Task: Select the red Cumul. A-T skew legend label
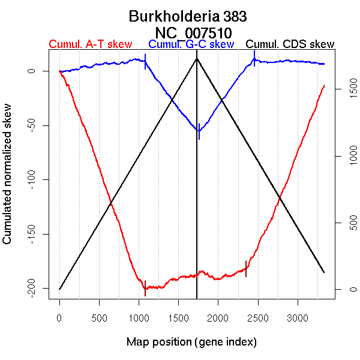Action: coord(90,44)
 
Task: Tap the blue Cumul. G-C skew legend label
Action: coord(191,44)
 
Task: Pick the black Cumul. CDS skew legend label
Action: coord(290,44)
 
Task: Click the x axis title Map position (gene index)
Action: coord(191,342)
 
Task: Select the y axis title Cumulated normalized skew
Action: coord(8,180)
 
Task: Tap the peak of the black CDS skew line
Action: coord(197,58)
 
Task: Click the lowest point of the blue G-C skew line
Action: coord(199,131)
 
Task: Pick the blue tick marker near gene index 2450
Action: coord(254,58)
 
